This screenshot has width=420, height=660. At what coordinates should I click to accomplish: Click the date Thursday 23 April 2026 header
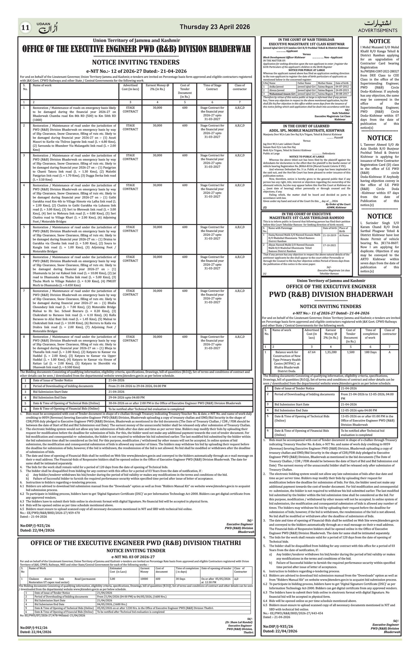215,27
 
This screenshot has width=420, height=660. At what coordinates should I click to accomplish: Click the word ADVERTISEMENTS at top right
377,30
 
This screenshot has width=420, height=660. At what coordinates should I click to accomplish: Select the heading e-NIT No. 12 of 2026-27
136,71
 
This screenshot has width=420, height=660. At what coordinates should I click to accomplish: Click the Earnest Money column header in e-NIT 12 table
157,87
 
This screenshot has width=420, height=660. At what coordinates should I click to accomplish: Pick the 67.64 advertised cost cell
312,352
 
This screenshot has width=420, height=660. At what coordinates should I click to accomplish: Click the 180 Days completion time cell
370,352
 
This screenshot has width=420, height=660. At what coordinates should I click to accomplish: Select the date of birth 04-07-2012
342,87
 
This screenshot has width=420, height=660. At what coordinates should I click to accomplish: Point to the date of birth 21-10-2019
330,235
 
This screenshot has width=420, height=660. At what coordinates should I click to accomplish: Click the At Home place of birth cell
344,235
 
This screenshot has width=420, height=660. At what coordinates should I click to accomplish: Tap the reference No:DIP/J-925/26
35,526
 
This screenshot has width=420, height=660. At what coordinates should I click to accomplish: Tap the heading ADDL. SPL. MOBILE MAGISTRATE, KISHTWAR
307,130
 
